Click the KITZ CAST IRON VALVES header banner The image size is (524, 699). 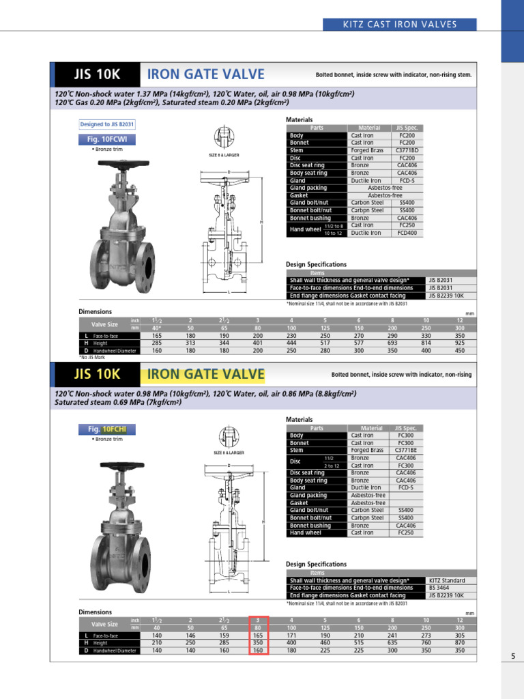click(410, 25)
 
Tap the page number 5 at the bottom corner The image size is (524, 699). click(512, 657)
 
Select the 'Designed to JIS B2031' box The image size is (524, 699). click(108, 124)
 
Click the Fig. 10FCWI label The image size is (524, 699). click(108, 139)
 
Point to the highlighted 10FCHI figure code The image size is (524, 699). click(119, 429)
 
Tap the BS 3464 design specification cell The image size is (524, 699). click(441, 588)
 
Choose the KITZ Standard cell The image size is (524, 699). click(447, 580)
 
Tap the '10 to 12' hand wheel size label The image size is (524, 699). click(334, 233)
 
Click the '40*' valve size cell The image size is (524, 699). click(157, 328)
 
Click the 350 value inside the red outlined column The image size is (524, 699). click(258, 643)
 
